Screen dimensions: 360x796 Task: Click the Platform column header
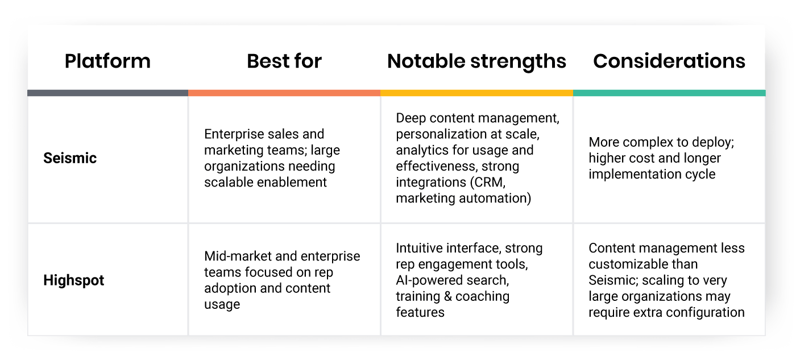(107, 61)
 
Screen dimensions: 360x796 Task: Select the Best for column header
(284, 61)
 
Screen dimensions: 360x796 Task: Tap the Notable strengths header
(476, 61)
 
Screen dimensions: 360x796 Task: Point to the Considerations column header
(669, 61)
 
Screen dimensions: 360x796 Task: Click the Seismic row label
(70, 158)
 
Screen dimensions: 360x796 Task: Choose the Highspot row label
(74, 280)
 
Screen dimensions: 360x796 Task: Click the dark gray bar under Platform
(107, 93)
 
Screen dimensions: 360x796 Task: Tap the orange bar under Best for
(284, 93)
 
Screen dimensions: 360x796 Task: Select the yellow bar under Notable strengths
(476, 93)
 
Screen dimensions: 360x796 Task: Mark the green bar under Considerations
(669, 93)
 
